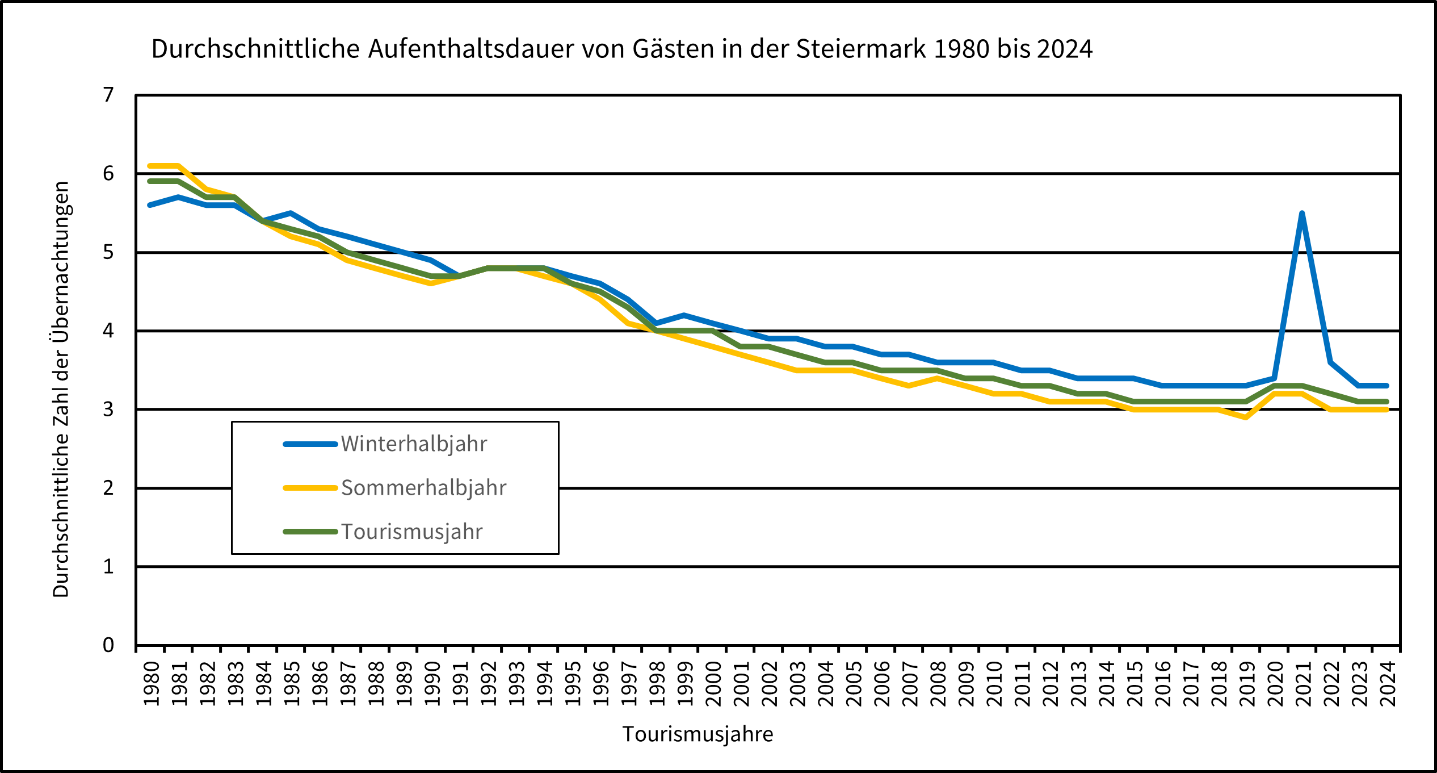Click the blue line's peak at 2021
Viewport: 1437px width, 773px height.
pyautogui.click(x=1301, y=214)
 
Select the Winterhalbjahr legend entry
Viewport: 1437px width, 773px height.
pyautogui.click(x=413, y=444)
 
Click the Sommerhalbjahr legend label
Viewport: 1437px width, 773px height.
pyautogui.click(x=423, y=488)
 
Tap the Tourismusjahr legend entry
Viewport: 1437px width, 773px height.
pyautogui.click(x=411, y=532)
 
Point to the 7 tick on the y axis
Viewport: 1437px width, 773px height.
pyautogui.click(x=108, y=95)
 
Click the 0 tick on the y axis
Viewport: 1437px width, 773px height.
pyautogui.click(x=108, y=645)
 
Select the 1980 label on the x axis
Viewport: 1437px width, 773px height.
pyautogui.click(x=151, y=684)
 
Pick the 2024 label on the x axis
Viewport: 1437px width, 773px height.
pyautogui.click(x=1388, y=684)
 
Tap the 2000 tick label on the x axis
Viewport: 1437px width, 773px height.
pyautogui.click(x=713, y=684)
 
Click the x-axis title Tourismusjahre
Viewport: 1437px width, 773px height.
pyautogui.click(x=698, y=734)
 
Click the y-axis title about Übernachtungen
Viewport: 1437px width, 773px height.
pyautogui.click(x=61, y=389)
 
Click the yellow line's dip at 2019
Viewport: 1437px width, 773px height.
pyautogui.click(x=1245, y=417)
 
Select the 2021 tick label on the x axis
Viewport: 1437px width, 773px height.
pyautogui.click(x=1304, y=684)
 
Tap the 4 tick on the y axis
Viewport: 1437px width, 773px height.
pyautogui.click(x=108, y=331)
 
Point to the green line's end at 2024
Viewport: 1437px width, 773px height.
pyautogui.click(x=1386, y=402)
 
